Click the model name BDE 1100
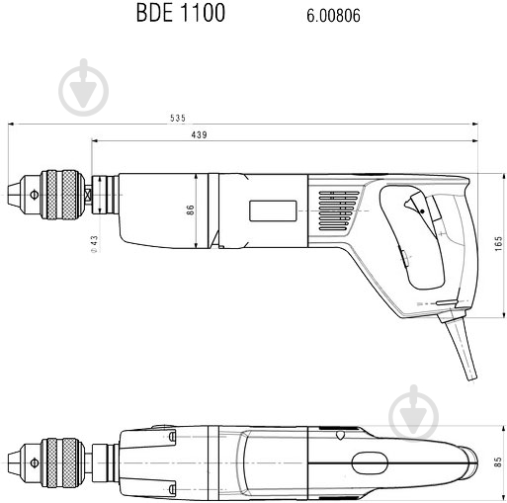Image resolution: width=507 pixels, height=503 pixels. (x=180, y=14)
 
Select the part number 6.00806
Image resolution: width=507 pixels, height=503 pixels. (x=319, y=15)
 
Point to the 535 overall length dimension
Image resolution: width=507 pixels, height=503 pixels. (x=177, y=118)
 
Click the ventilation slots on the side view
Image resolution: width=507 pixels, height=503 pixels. (x=332, y=210)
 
